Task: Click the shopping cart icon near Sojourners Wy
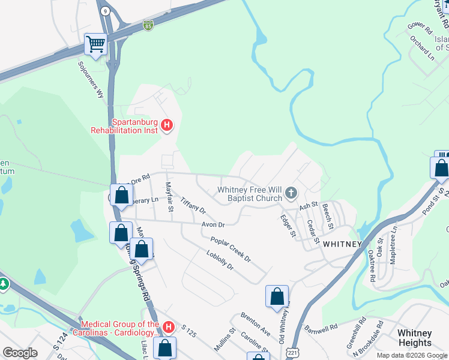click(x=95, y=44)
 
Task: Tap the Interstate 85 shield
click(x=148, y=25)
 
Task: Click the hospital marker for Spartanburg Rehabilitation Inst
click(x=167, y=126)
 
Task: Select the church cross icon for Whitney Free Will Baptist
click(x=291, y=193)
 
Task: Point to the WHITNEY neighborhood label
click(x=342, y=244)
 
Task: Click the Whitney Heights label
click(x=414, y=338)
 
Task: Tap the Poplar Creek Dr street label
click(x=230, y=248)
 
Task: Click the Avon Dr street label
click(x=212, y=224)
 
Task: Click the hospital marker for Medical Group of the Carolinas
click(x=169, y=327)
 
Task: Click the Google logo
click(x=20, y=353)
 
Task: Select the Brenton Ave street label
click(x=255, y=324)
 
